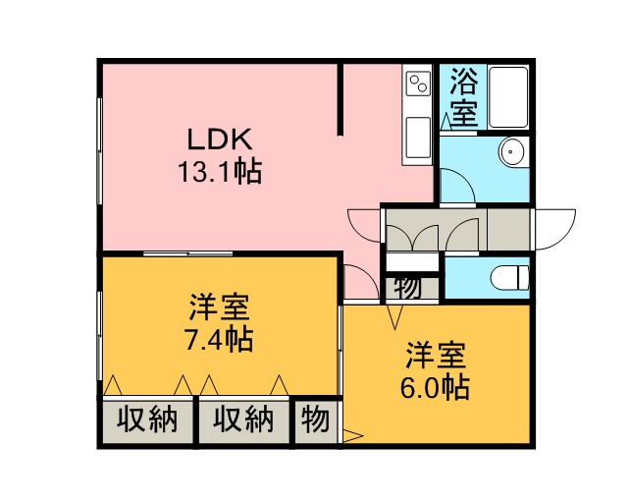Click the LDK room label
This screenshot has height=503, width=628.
click(220, 140)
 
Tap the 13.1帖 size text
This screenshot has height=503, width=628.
click(220, 172)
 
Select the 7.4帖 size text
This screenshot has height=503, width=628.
click(219, 340)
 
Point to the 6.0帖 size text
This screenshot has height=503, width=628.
click(435, 388)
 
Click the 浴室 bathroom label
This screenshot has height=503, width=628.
click(463, 98)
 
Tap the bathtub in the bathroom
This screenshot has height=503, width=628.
click(508, 96)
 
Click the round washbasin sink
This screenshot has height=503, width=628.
click(511, 152)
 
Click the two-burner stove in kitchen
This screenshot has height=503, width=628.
click(418, 84)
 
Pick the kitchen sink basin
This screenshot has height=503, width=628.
click(418, 138)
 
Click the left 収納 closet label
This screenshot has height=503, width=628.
click(147, 419)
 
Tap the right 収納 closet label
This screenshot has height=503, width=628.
click(242, 419)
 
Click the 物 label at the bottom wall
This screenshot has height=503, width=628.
click(316, 419)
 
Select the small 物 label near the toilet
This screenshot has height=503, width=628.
click(407, 288)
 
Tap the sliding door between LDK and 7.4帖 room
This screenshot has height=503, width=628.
click(187, 253)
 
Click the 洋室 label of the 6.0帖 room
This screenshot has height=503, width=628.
click(436, 356)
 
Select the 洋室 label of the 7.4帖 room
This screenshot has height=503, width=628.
click(220, 307)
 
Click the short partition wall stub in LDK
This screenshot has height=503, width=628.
click(340, 99)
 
